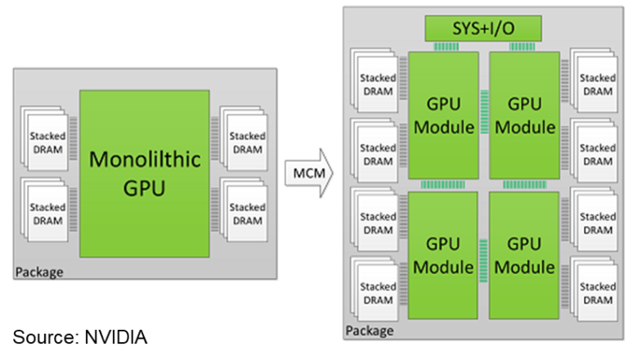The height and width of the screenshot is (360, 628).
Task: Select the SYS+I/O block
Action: (x=483, y=29)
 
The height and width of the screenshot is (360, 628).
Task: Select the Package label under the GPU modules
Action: (x=370, y=331)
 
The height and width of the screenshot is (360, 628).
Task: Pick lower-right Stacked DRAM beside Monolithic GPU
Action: (x=245, y=214)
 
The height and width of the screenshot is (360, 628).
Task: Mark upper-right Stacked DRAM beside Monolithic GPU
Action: (x=245, y=142)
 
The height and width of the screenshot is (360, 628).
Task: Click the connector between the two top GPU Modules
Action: (x=484, y=115)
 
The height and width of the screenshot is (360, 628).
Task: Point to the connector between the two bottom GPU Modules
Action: (x=484, y=255)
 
